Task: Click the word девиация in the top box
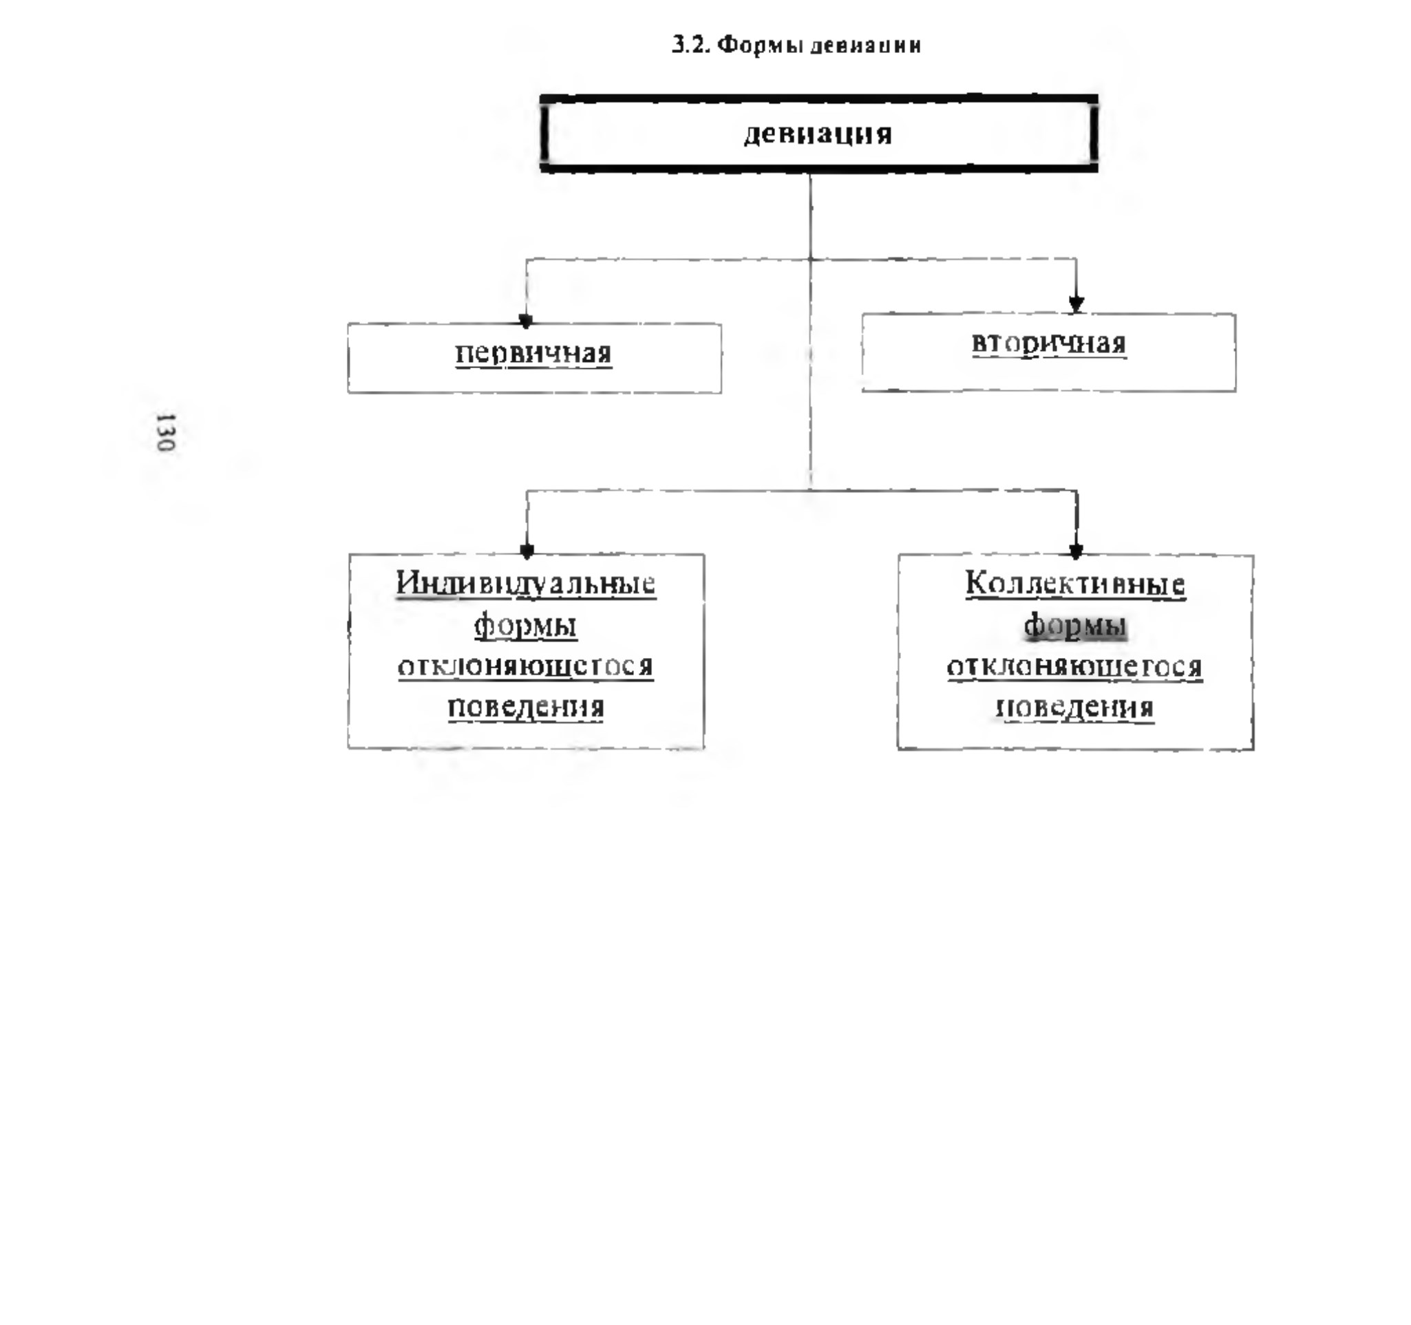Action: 818,134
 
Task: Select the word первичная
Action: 533,353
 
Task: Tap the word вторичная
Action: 1048,343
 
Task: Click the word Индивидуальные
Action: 526,584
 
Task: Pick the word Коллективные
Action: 1075,584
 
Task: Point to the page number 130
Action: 165,432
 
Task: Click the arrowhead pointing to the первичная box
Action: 525,321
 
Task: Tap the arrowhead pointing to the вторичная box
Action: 1076,304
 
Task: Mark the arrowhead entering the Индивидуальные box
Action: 527,550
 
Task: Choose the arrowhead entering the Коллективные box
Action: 1076,550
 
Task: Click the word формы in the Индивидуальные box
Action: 525,626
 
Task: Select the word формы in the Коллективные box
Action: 1075,626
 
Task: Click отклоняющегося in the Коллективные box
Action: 1074,667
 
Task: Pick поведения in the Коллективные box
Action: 1075,708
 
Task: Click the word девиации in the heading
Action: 865,46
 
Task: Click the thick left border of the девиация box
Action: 544,134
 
